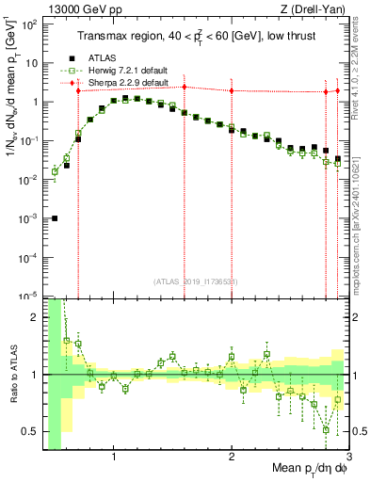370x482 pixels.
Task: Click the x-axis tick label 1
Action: pyautogui.click(x=114, y=458)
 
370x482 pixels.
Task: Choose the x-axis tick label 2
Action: pyautogui.click(x=232, y=458)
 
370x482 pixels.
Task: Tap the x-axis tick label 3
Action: pyautogui.click(x=348, y=458)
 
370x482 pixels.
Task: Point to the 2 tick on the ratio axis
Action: pyautogui.click(x=35, y=317)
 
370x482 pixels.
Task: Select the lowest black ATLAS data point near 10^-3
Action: pyautogui.click(x=55, y=218)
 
